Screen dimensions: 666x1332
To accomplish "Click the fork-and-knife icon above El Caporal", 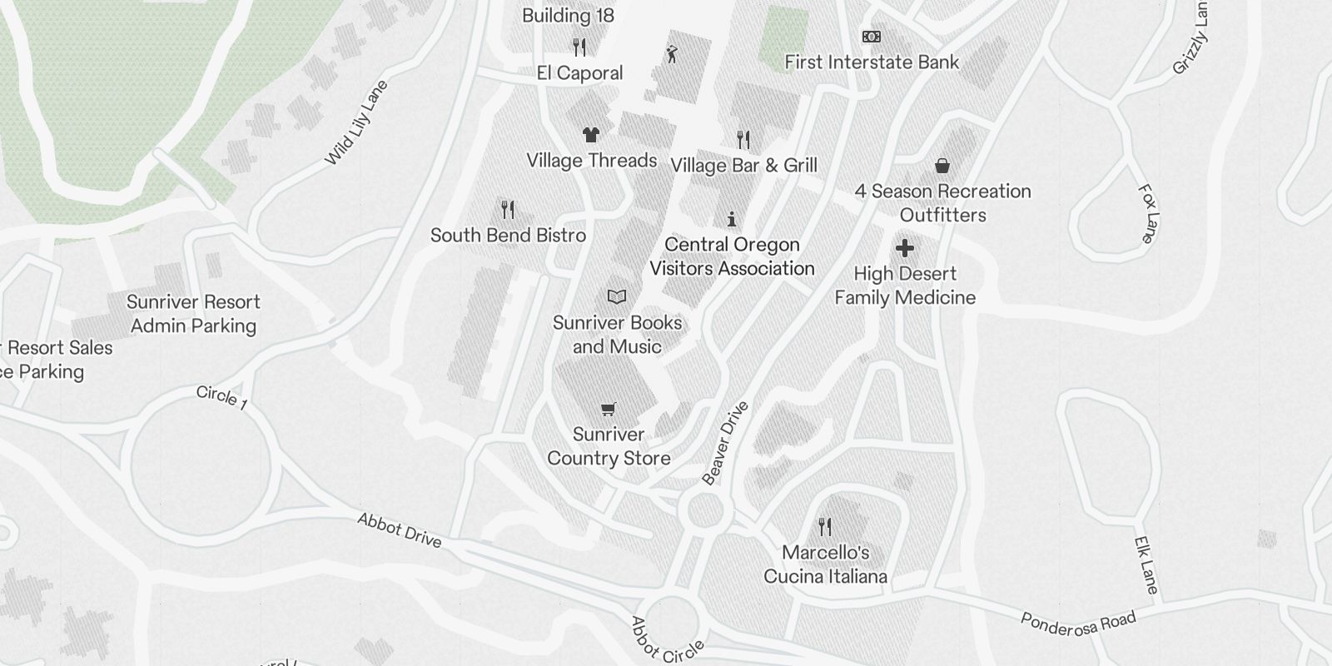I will pos(580,47).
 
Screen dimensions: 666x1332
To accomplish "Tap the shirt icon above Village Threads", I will pos(590,134).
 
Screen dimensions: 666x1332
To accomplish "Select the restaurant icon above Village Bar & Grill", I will pos(743,139).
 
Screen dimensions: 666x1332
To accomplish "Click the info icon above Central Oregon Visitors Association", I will pos(732,219).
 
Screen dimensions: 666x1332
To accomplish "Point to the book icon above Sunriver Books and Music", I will pos(617,296).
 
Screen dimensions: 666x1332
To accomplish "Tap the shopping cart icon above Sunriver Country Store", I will pos(609,409).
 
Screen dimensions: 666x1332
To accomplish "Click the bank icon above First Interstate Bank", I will pos(872,37).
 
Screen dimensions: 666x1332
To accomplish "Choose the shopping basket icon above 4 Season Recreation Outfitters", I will pos(942,166).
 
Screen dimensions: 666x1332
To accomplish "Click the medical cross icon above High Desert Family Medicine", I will pos(905,248).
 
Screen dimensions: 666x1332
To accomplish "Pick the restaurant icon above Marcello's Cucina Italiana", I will pos(825,526).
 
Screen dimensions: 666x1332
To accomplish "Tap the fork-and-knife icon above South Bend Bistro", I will pos(508,209).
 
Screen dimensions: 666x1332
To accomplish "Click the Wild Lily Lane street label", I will pos(356,122).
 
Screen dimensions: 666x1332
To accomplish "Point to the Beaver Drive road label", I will pos(725,443).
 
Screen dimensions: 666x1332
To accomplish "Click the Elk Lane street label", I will pos(1146,565).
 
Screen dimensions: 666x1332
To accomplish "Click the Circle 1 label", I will pos(221,397).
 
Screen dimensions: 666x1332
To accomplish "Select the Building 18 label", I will pos(569,15).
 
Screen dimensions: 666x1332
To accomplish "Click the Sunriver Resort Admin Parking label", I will pos(193,314).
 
